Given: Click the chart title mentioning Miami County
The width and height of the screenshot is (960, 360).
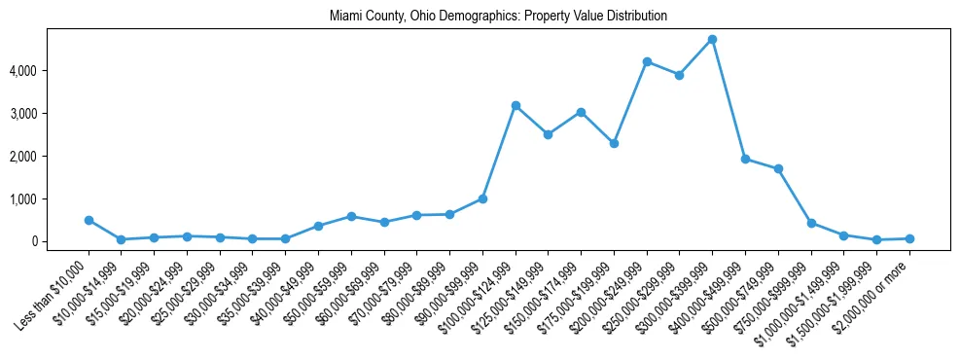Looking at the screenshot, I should click(x=498, y=17).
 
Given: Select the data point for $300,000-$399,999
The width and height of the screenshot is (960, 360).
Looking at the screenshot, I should click(x=712, y=40).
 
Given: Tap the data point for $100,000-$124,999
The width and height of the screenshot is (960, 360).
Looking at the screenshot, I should click(x=516, y=105).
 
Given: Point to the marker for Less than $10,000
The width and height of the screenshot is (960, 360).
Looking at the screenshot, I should click(x=89, y=220).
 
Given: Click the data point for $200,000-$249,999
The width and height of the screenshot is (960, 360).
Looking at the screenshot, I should click(x=647, y=61).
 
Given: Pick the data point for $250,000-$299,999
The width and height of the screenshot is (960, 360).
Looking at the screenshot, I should click(x=679, y=75).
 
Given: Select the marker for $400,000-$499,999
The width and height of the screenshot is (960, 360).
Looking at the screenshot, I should click(x=745, y=159).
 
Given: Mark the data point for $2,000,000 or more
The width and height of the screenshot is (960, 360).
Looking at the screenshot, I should click(x=909, y=238).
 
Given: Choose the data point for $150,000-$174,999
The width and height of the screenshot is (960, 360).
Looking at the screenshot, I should click(x=581, y=112).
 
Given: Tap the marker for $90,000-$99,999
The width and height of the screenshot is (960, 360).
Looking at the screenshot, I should click(x=482, y=198).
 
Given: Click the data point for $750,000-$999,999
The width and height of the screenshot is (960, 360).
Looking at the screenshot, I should click(x=811, y=223).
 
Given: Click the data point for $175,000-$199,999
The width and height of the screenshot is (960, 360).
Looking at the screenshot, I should click(x=614, y=143).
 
